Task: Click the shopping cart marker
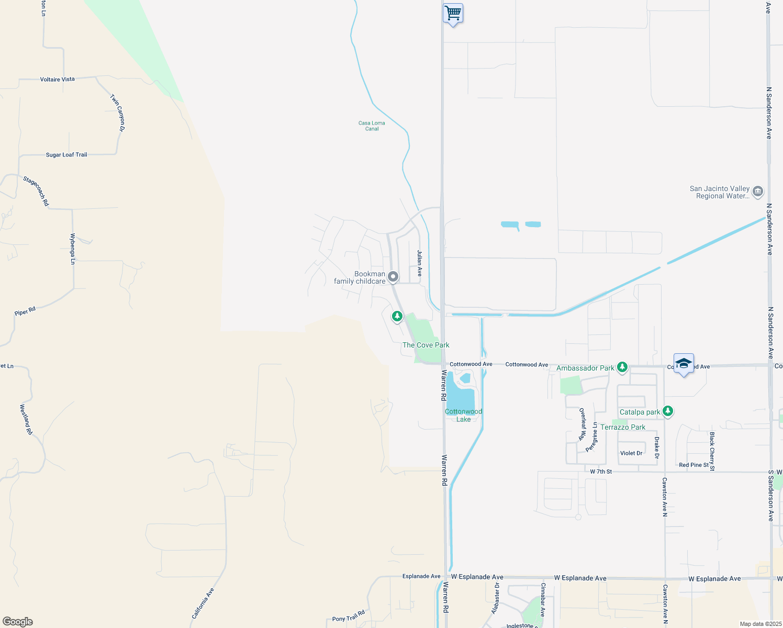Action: click(x=453, y=13)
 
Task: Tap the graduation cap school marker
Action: click(x=684, y=363)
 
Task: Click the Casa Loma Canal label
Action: click(x=372, y=126)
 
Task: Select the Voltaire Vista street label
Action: click(x=58, y=80)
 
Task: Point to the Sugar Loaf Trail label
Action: click(x=66, y=155)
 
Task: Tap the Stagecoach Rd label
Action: click(x=36, y=191)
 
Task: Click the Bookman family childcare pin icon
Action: click(x=393, y=277)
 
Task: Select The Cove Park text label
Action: click(x=426, y=345)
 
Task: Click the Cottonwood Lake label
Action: click(x=464, y=416)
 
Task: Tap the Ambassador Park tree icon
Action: click(x=622, y=367)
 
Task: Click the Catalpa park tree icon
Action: click(x=667, y=411)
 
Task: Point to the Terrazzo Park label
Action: click(x=623, y=427)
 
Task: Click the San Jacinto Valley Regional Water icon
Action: click(x=757, y=192)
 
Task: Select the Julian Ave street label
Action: click(x=419, y=263)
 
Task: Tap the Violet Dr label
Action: click(x=631, y=453)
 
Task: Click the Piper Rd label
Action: click(x=25, y=311)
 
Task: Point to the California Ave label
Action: click(x=203, y=603)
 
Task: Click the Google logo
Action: click(x=18, y=622)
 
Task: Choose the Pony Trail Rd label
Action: click(x=349, y=616)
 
